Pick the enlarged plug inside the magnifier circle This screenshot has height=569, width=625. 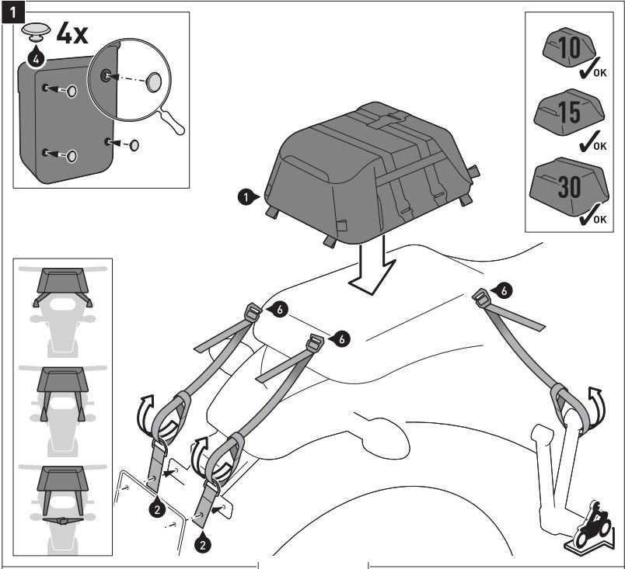(x=155, y=81)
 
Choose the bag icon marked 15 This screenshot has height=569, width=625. (x=570, y=112)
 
